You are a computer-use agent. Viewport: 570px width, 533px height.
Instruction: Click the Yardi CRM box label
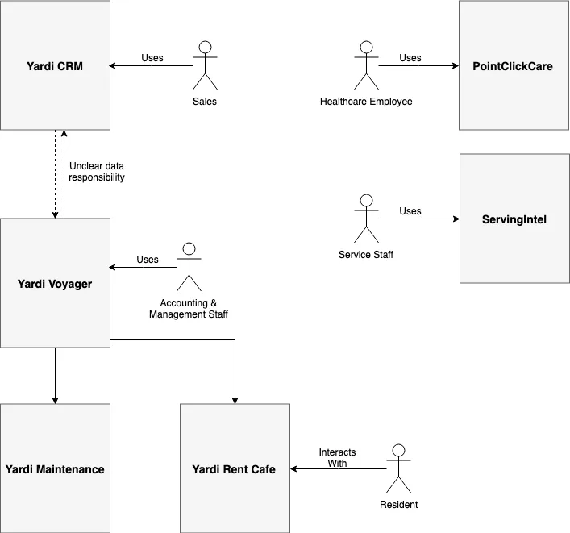(x=55, y=66)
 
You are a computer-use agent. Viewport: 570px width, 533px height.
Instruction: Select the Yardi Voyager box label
(x=55, y=283)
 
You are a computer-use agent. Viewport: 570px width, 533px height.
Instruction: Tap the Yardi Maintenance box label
(x=55, y=469)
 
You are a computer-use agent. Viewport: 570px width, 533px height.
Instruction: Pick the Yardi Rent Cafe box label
(x=234, y=469)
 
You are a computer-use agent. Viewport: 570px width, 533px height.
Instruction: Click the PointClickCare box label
(x=513, y=66)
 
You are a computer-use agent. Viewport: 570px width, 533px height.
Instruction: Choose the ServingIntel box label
(x=514, y=219)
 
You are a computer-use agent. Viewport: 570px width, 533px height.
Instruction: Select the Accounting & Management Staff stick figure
(x=189, y=267)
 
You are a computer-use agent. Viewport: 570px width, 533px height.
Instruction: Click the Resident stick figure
(x=398, y=468)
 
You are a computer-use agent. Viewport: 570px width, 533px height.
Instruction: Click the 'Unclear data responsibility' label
(x=97, y=171)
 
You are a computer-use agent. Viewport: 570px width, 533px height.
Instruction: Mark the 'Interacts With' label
(x=337, y=457)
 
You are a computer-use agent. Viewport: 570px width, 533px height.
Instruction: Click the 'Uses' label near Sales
(x=152, y=58)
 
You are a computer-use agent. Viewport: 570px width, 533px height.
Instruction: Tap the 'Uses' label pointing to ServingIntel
(x=410, y=211)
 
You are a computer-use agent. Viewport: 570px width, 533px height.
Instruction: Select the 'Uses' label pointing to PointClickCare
(x=410, y=58)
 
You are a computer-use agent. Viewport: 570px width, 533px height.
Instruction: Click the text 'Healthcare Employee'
(x=366, y=102)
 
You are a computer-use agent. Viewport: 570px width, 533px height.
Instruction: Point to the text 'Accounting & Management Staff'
(x=189, y=308)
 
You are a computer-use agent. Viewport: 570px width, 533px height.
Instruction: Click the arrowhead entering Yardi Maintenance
(x=55, y=399)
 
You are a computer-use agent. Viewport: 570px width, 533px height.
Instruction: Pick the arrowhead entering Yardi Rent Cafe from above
(x=235, y=399)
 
